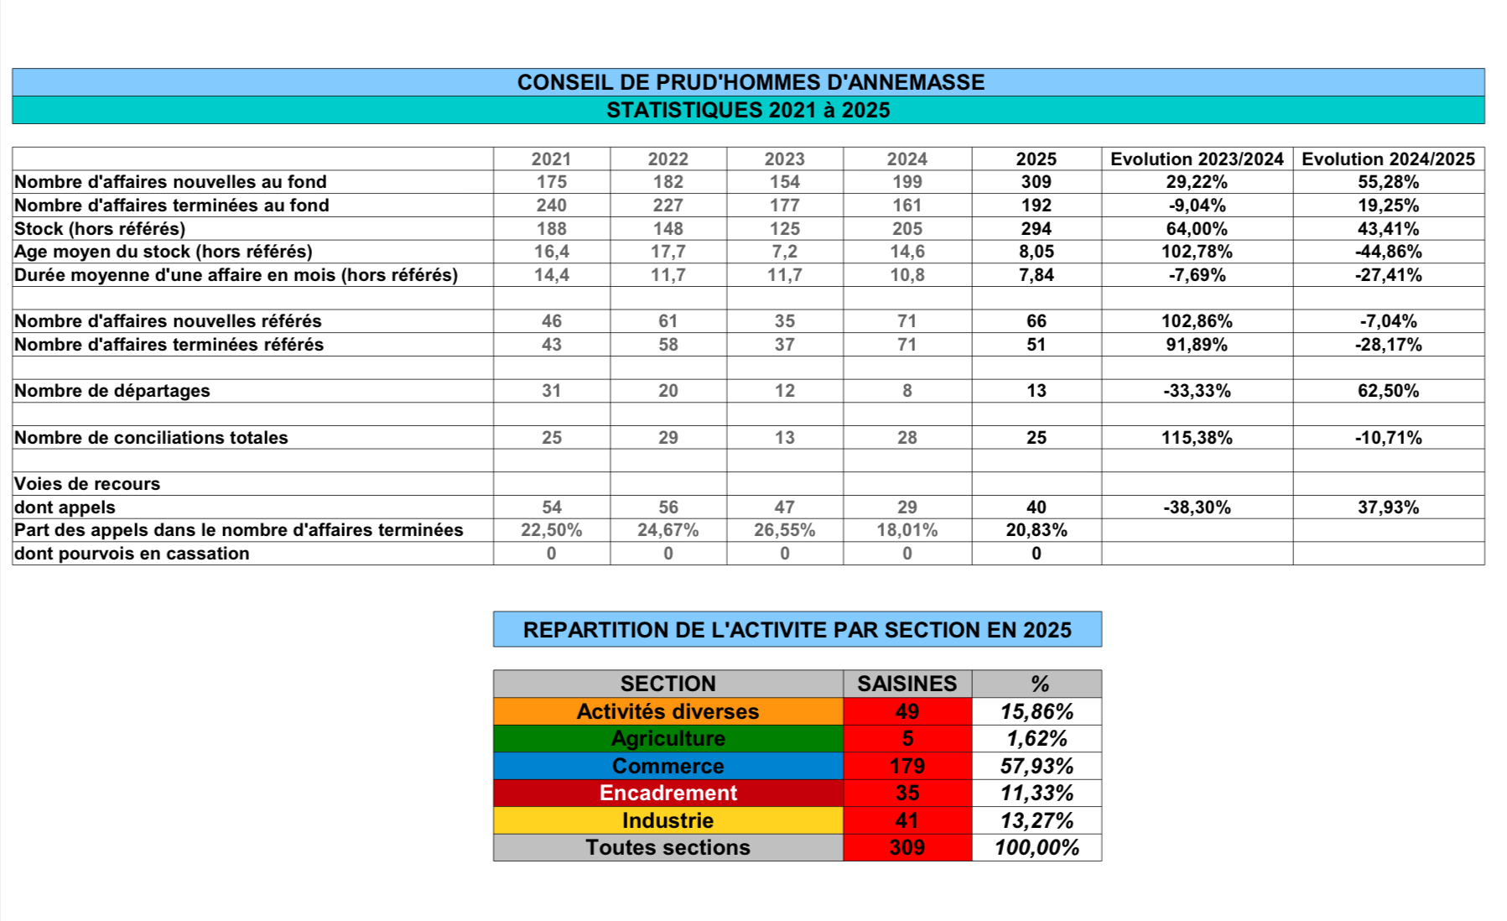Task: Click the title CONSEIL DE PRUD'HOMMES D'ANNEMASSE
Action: [x=751, y=82]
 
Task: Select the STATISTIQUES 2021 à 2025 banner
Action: [x=748, y=110]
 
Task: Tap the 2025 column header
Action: [x=1036, y=159]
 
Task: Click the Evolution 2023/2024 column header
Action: [x=1197, y=159]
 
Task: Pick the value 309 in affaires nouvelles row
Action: [x=1036, y=182]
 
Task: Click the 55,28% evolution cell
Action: [x=1388, y=182]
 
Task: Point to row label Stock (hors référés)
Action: [x=100, y=228]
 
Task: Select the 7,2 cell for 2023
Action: [x=784, y=252]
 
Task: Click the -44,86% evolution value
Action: [x=1388, y=252]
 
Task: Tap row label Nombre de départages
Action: [x=112, y=391]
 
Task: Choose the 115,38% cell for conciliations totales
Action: [x=1197, y=438]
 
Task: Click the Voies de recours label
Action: [x=87, y=484]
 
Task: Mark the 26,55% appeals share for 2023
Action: [x=784, y=530]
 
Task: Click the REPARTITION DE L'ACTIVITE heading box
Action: [x=797, y=630]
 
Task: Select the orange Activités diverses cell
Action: [x=668, y=711]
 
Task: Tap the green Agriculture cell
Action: [x=668, y=739]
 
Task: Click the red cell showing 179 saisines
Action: [x=907, y=766]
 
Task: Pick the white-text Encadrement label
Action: [x=668, y=794]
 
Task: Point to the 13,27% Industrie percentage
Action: [x=1037, y=820]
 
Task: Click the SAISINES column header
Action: [x=907, y=684]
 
